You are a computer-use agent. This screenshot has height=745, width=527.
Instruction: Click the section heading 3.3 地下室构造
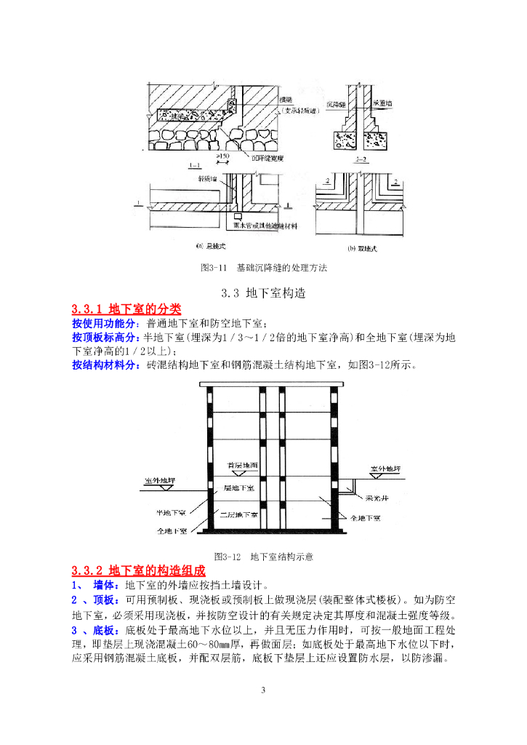(x=263, y=293)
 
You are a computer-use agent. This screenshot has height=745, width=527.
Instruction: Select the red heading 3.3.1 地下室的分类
(x=126, y=309)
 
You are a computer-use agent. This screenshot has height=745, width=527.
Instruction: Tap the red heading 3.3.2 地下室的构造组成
(x=139, y=570)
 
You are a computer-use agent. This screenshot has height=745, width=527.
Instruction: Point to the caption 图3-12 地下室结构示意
(x=263, y=557)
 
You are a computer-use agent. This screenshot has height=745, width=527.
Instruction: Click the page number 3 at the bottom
(x=264, y=689)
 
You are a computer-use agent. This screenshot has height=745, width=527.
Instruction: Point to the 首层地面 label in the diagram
(x=242, y=464)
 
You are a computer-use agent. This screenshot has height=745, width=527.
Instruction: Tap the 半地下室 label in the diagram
(x=172, y=512)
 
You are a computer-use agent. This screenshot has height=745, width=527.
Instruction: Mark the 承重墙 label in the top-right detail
(x=385, y=103)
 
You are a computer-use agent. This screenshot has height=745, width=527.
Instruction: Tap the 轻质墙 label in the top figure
(x=208, y=177)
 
